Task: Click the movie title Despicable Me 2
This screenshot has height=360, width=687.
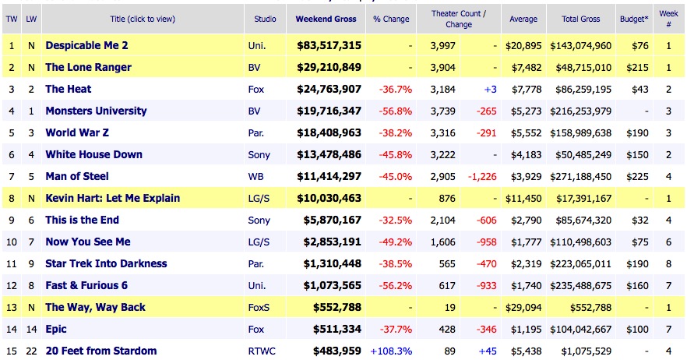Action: (86, 45)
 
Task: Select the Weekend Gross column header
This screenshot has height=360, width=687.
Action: (326, 18)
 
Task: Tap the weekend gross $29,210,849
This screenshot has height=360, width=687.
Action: (329, 67)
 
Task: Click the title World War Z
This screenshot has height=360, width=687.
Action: (82, 132)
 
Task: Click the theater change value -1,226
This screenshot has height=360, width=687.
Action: (481, 176)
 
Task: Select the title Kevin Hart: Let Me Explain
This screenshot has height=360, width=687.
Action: (112, 198)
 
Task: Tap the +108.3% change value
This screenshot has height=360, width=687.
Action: (391, 351)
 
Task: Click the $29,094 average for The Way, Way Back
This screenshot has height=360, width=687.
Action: (523, 307)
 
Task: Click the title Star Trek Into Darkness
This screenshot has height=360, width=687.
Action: (104, 263)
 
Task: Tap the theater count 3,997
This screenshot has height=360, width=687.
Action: (442, 45)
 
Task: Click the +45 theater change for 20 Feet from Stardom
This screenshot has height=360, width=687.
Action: (487, 351)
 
